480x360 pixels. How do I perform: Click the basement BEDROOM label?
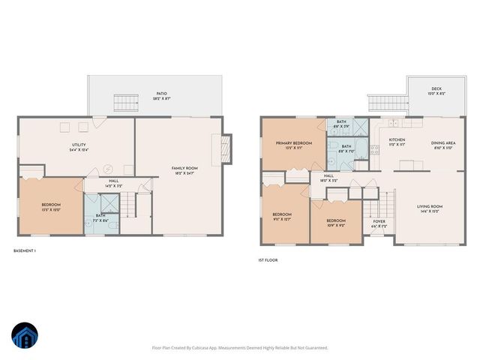(x=50, y=206)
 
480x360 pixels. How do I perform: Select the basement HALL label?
(x=113, y=182)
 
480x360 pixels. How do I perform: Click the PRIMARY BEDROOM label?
(x=294, y=144)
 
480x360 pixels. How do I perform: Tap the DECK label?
(x=436, y=90)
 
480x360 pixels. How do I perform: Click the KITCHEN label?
(x=397, y=141)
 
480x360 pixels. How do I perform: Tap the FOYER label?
(x=379, y=223)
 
